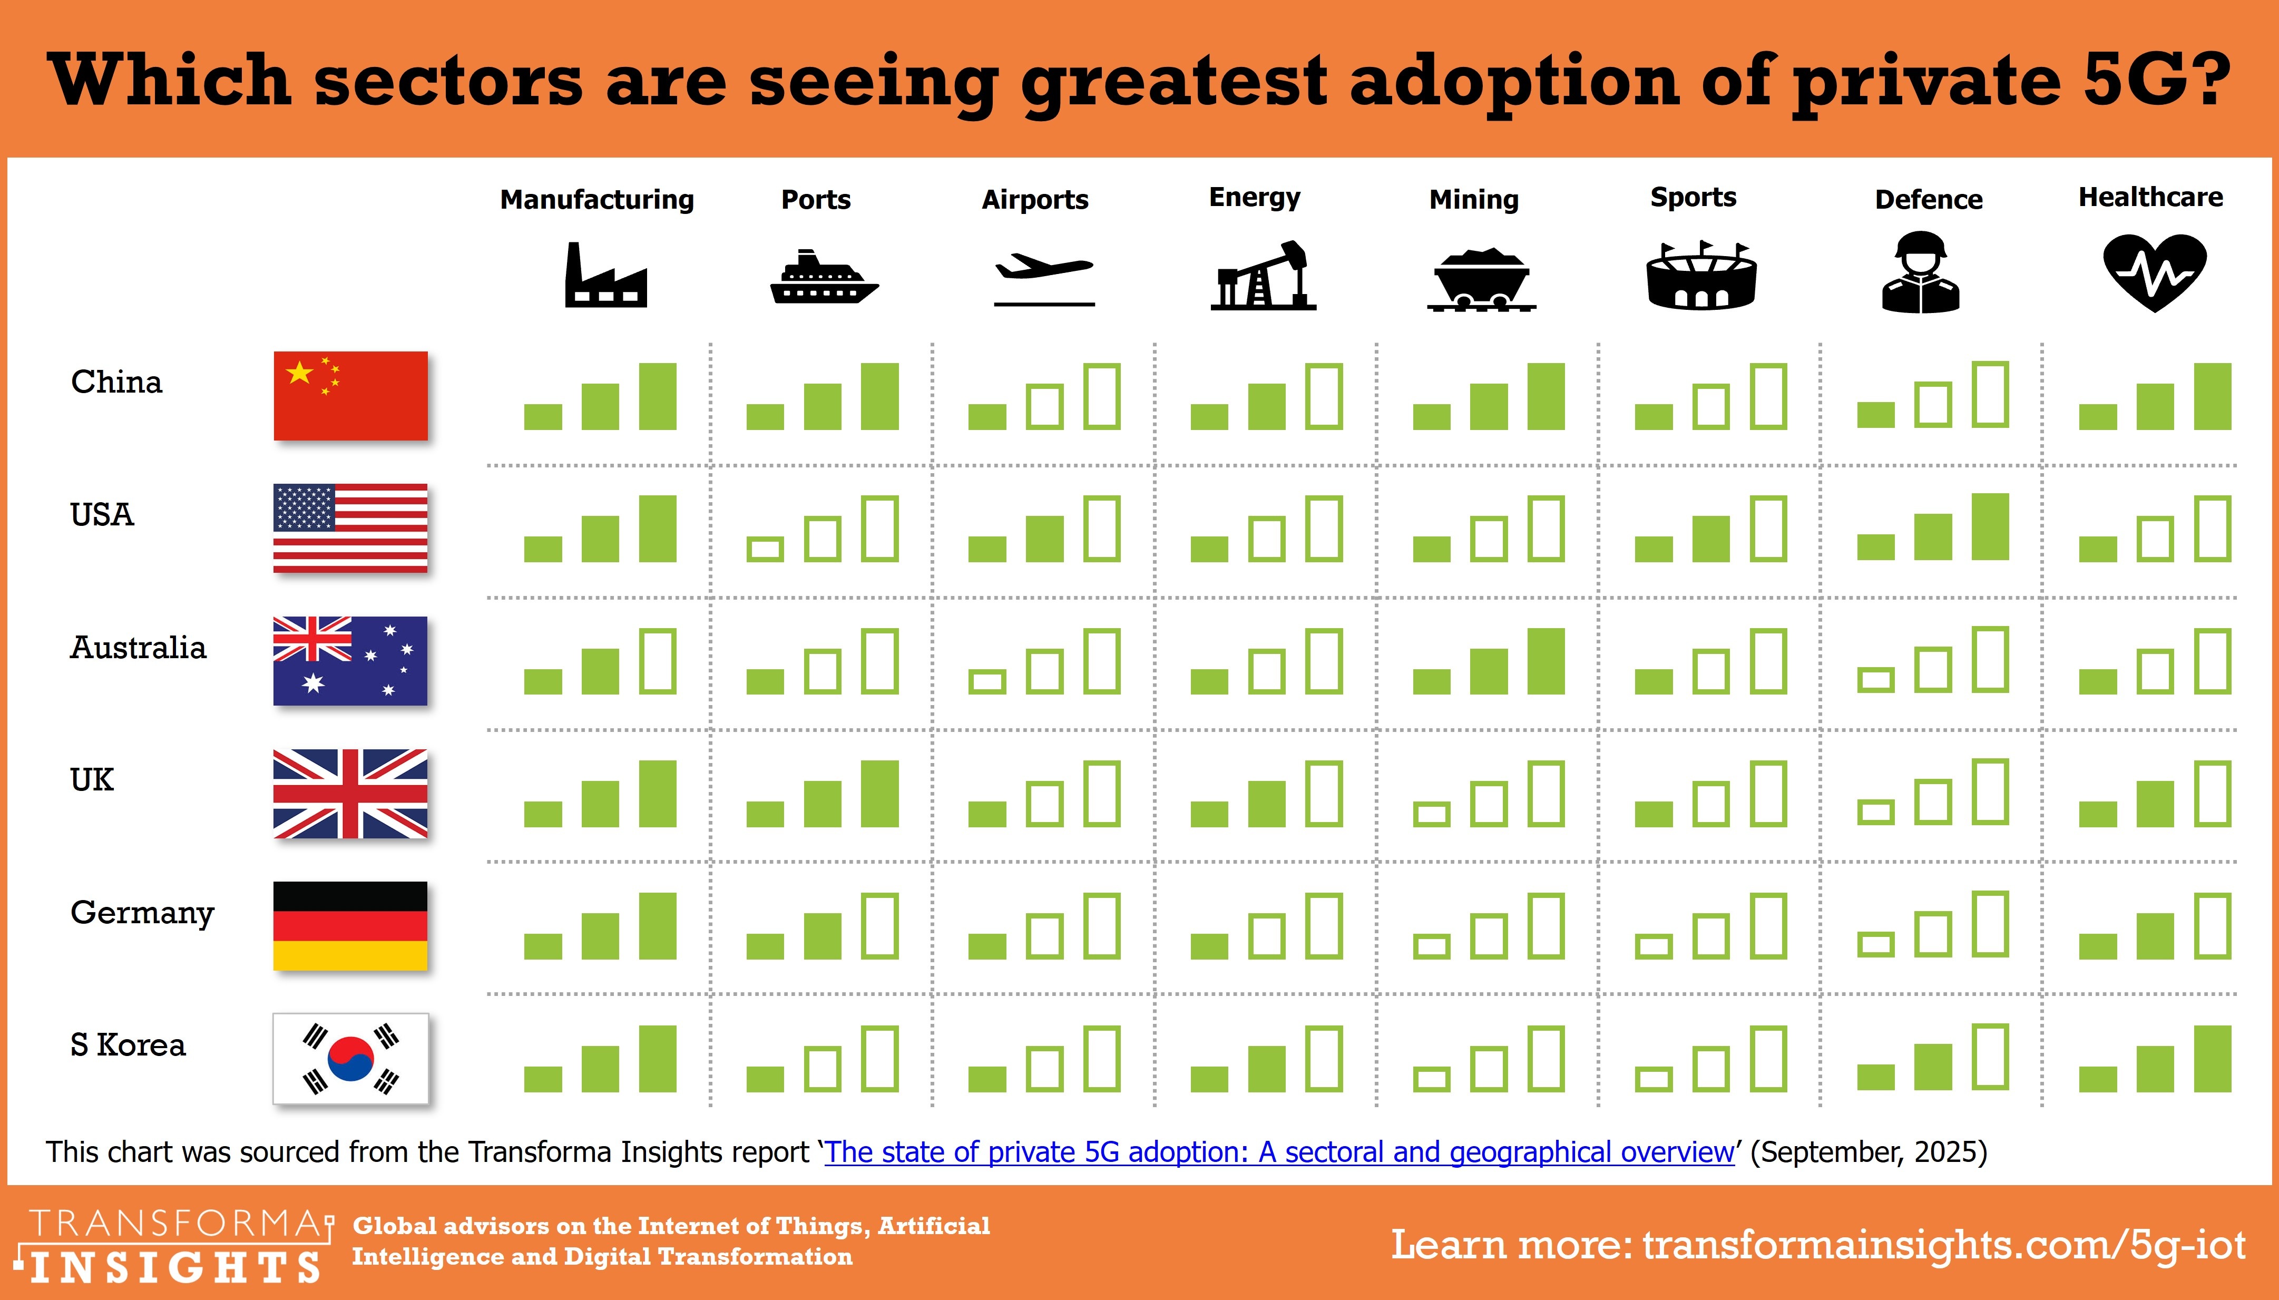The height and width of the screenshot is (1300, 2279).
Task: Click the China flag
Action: pyautogui.click(x=350, y=396)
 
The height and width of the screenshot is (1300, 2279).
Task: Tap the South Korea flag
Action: pyautogui.click(x=350, y=1058)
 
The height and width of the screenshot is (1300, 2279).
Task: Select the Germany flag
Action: pyautogui.click(x=350, y=926)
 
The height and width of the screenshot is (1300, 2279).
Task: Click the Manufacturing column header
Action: pyautogui.click(x=596, y=199)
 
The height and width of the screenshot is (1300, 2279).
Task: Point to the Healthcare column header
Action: pyautogui.click(x=2150, y=197)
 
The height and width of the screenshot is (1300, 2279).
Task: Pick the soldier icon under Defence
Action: pyautogui.click(x=1920, y=272)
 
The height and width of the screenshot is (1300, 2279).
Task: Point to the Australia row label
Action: pyautogui.click(x=139, y=647)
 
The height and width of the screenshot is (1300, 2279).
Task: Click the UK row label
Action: pyautogui.click(x=92, y=779)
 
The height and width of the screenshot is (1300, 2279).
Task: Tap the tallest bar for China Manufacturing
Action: pyautogui.click(x=658, y=396)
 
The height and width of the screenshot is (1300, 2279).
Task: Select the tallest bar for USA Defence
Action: pyautogui.click(x=1990, y=527)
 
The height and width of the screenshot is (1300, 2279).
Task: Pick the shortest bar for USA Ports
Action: pyautogui.click(x=765, y=549)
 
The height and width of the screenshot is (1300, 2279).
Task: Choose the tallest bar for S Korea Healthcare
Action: pyautogui.click(x=2212, y=1059)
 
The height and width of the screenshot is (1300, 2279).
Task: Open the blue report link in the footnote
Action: pyautogui.click(x=1278, y=1152)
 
